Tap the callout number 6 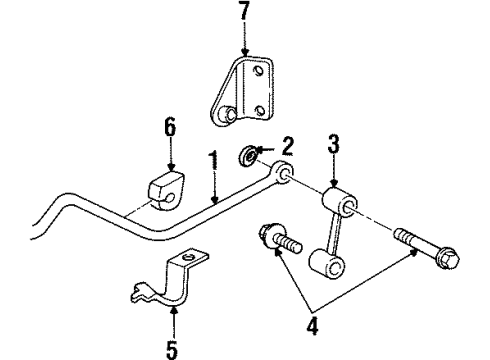(170, 127)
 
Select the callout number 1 (213, 159)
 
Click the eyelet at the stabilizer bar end (284, 174)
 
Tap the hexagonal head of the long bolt (448, 258)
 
